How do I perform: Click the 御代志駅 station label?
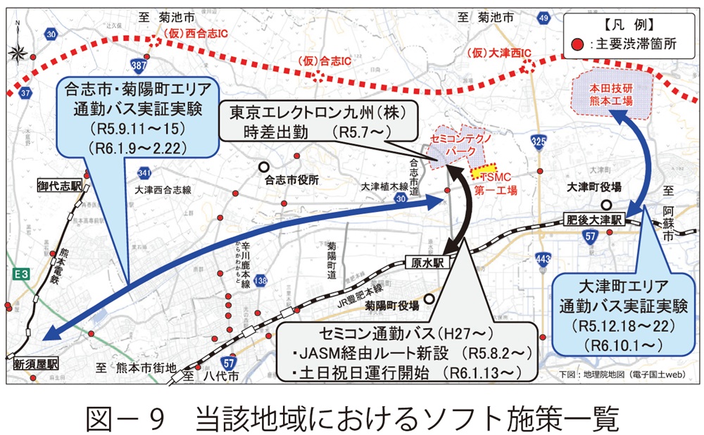pos(60,187)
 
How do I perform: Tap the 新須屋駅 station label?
pos(36,365)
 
